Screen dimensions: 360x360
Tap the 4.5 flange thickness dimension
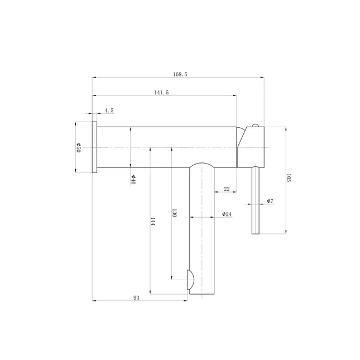point(108,111)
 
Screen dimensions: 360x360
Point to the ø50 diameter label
point(79,147)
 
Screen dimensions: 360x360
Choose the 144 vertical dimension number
point(153,222)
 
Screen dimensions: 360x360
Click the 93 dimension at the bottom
point(137,297)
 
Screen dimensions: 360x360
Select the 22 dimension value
point(227,189)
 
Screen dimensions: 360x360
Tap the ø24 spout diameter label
point(227,214)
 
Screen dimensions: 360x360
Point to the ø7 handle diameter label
point(269,200)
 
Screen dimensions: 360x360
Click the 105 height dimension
point(289,178)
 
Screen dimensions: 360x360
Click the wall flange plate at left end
point(95,147)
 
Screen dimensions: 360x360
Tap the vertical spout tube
point(203,234)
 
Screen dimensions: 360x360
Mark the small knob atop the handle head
point(255,125)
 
